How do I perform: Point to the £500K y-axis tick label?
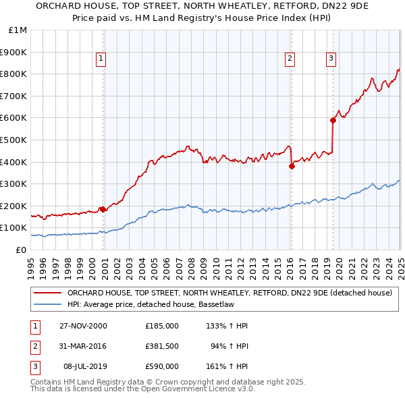(14, 140)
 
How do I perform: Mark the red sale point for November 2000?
(103, 209)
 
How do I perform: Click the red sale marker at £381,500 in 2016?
(292, 166)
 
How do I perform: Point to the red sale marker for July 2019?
(333, 120)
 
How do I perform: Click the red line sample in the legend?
(47, 293)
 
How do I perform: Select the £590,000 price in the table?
(161, 366)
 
